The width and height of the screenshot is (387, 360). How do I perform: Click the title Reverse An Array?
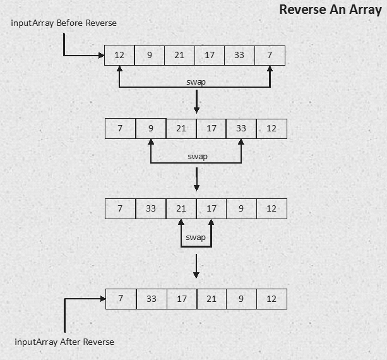pyautogui.click(x=330, y=10)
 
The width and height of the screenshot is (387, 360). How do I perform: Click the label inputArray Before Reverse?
pyautogui.click(x=64, y=23)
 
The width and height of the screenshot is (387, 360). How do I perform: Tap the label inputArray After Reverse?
pyautogui.click(x=64, y=342)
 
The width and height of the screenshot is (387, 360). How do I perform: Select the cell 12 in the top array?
pyautogui.click(x=119, y=55)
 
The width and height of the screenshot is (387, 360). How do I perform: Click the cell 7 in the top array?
pyautogui.click(x=270, y=55)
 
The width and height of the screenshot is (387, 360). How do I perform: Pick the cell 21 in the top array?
pyautogui.click(x=179, y=55)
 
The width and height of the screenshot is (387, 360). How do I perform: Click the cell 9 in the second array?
pyautogui.click(x=151, y=129)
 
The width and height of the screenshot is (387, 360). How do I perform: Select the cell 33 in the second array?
pyautogui.click(x=241, y=129)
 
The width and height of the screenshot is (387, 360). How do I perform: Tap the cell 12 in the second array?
pyautogui.click(x=271, y=129)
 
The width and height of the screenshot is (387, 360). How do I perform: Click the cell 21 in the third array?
pyautogui.click(x=181, y=208)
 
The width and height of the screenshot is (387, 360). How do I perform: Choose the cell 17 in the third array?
pyautogui.click(x=211, y=208)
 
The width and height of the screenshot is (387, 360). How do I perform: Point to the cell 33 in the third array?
pyautogui.click(x=151, y=208)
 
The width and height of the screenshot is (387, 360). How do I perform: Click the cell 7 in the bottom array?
pyautogui.click(x=121, y=299)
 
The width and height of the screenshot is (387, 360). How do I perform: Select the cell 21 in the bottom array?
pyautogui.click(x=211, y=299)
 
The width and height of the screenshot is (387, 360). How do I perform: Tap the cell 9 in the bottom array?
pyautogui.click(x=241, y=299)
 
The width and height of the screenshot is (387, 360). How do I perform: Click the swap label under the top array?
pyautogui.click(x=196, y=82)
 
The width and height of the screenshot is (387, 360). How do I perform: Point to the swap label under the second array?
pyautogui.click(x=197, y=157)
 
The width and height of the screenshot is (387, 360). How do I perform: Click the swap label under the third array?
pyautogui.click(x=196, y=237)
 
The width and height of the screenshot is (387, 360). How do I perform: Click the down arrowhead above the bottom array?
pyautogui.click(x=196, y=275)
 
